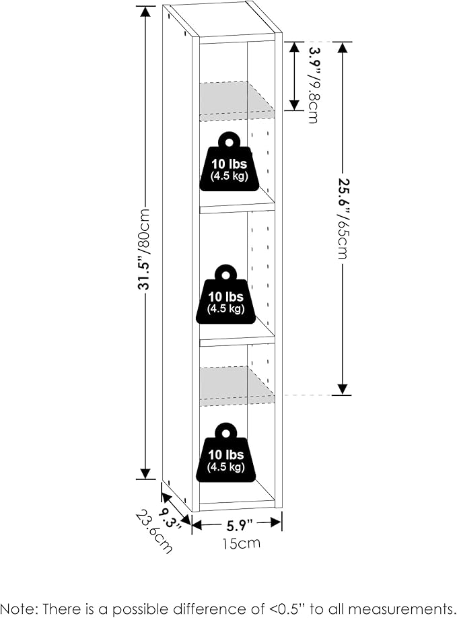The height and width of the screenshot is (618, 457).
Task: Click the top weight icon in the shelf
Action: click(228, 162)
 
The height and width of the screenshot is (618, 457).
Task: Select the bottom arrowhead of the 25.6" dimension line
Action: click(343, 388)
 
